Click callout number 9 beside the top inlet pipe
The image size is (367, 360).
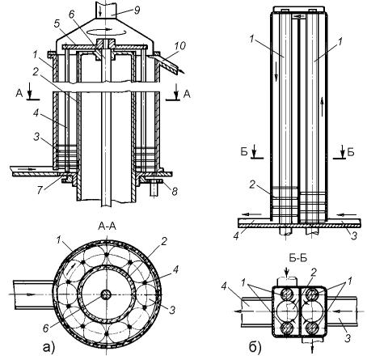137,11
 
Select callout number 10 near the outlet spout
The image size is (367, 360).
179,46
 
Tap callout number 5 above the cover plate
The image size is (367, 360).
57,24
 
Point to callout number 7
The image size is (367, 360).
40,190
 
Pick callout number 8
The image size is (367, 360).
175,191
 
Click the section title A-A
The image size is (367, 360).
107,227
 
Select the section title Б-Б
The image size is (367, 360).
298,258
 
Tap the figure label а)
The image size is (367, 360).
49,347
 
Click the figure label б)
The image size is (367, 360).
255,348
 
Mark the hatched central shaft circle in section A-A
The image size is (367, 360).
106,294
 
